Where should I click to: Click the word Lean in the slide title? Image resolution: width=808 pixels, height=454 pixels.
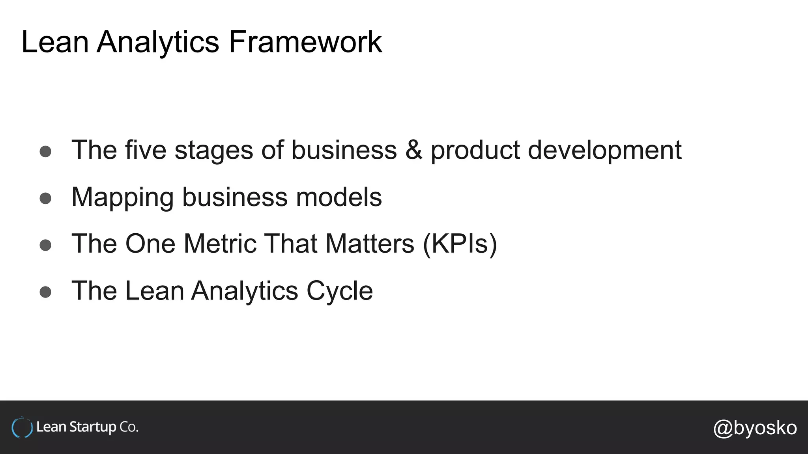[54, 42]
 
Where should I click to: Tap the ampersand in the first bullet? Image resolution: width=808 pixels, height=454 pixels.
[413, 150]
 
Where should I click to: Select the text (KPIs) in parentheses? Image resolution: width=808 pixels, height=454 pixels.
[460, 244]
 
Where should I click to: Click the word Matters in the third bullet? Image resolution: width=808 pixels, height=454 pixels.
[370, 244]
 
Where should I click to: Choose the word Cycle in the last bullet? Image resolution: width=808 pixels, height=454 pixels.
[339, 291]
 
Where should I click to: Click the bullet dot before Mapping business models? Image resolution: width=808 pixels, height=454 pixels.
[45, 198]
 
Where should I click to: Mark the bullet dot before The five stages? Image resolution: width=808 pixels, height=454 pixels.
[45, 152]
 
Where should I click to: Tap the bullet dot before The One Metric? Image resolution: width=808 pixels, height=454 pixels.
[45, 245]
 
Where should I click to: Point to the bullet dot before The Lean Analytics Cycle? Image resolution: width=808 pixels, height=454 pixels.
[45, 292]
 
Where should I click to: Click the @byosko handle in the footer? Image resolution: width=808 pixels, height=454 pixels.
[755, 428]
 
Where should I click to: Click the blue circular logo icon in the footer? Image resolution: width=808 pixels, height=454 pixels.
[22, 428]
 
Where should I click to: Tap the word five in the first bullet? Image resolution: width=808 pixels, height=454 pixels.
[146, 150]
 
